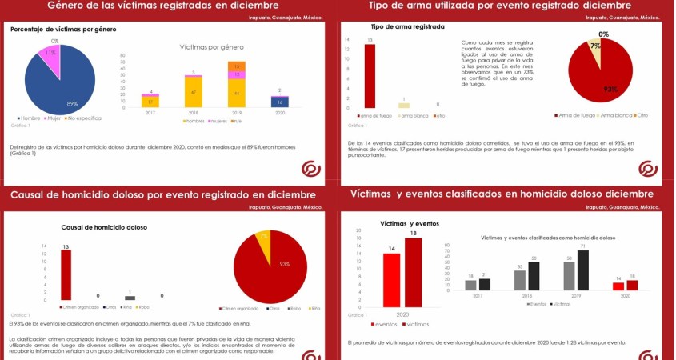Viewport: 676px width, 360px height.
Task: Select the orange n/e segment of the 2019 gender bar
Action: (x=237, y=66)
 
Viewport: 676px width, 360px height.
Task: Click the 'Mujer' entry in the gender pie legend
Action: (x=54, y=118)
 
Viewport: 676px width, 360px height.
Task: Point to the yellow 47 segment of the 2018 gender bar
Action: (x=194, y=92)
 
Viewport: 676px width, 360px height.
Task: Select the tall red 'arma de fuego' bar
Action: (x=370, y=76)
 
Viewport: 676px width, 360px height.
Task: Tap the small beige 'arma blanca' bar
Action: (x=404, y=105)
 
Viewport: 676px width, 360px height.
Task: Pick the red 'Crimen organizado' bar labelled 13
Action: (x=66, y=274)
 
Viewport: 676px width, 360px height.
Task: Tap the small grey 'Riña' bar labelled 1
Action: (x=130, y=298)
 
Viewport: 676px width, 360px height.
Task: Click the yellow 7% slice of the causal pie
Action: (x=263, y=238)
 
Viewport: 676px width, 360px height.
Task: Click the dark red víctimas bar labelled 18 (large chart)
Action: (x=413, y=273)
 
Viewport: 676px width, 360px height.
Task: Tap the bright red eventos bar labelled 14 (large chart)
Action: (x=391, y=280)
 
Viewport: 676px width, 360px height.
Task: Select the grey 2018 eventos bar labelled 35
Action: (x=520, y=279)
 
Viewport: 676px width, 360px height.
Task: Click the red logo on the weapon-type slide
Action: (x=647, y=169)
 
